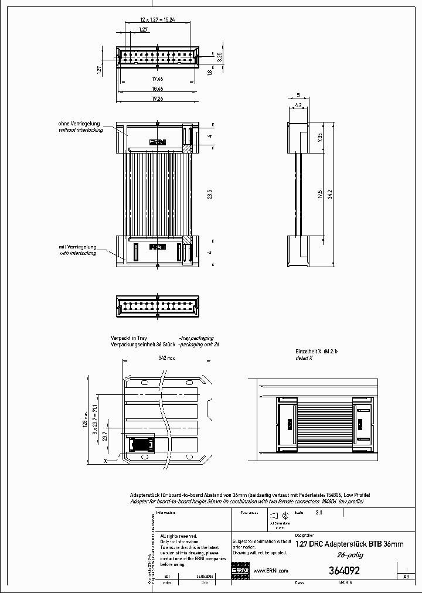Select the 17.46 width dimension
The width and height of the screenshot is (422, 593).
click(157, 78)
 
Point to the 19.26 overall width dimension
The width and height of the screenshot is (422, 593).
click(157, 99)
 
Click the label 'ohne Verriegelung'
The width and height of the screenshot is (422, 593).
click(79, 124)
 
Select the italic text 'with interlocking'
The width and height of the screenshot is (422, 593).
click(80, 253)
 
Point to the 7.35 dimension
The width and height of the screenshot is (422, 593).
click(319, 138)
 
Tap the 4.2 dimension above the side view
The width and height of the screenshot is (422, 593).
click(298, 105)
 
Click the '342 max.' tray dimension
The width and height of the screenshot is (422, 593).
click(166, 357)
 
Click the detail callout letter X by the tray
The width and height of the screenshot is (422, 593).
click(105, 461)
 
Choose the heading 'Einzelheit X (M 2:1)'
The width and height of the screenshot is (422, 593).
click(316, 350)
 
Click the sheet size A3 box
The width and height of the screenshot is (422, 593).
click(406, 577)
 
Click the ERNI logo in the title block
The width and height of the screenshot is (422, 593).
click(241, 571)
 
